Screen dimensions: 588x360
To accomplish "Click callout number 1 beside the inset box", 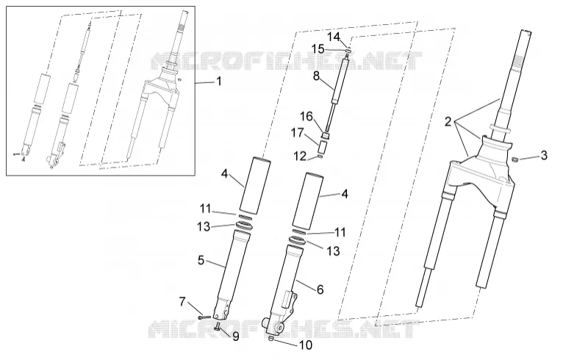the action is [219, 82].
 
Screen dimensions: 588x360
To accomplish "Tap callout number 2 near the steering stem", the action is [448, 122].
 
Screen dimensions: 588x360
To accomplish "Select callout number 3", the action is [544, 155].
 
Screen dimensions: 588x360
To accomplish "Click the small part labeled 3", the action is [515, 159].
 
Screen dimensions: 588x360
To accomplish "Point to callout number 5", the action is [201, 260].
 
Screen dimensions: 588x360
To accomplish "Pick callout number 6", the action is [320, 289].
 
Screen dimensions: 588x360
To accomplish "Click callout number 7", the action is [182, 301].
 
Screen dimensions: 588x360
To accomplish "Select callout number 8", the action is [235, 336].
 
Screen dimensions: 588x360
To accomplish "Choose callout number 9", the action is [306, 345].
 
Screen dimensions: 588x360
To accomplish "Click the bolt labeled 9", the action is [218, 327].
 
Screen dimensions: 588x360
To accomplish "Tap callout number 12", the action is [334, 37].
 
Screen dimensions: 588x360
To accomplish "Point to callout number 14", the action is [318, 49].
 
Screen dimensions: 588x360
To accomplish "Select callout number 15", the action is [306, 117].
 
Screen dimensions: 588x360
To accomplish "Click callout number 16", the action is [298, 133].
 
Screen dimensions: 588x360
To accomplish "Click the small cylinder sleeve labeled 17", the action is [320, 156].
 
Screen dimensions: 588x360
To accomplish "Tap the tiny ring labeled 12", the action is [320, 156].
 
